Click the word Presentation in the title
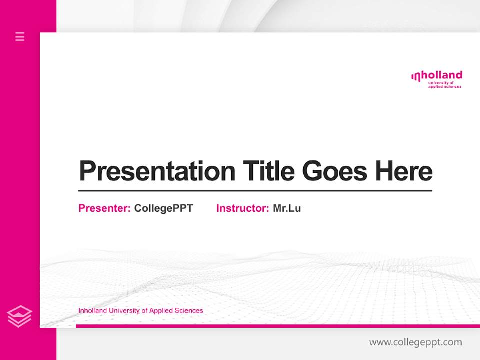click(x=157, y=171)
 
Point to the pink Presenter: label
click(x=104, y=208)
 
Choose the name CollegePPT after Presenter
click(x=163, y=208)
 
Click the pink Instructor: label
click(x=242, y=208)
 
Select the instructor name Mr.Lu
click(x=287, y=208)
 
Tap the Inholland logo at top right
click(x=436, y=79)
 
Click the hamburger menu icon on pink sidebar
click(x=20, y=36)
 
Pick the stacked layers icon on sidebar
click(x=19, y=316)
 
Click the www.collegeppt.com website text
click(x=415, y=342)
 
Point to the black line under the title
click(x=255, y=190)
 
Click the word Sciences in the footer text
click(x=189, y=311)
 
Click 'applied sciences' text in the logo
click(x=445, y=87)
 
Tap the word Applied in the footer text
click(x=161, y=311)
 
